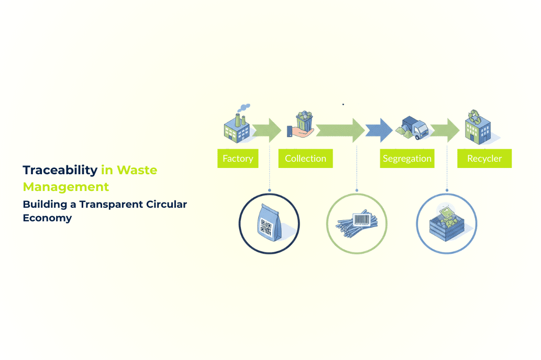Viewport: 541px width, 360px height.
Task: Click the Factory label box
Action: tap(238, 159)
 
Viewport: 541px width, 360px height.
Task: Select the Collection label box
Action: tap(305, 159)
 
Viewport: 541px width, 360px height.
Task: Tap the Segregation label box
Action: tap(407, 159)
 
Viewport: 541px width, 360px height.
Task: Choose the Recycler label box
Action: tap(484, 159)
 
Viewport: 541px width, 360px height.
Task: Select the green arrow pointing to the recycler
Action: tap(446, 130)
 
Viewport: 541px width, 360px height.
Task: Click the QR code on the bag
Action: tap(266, 226)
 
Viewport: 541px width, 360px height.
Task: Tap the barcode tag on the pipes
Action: tap(362, 218)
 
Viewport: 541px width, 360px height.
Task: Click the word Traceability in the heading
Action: tap(60, 170)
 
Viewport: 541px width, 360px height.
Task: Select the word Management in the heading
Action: tap(66, 187)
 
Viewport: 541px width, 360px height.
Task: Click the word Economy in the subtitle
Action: tap(47, 218)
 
